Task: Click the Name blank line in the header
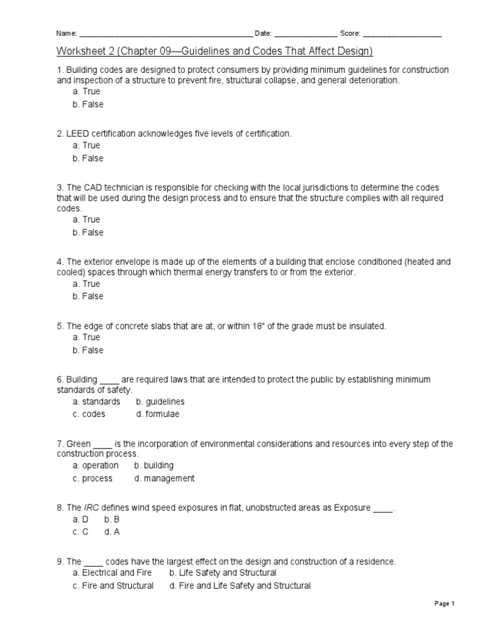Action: (165, 35)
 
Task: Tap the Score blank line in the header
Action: (402, 35)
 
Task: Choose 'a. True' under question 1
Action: (86, 92)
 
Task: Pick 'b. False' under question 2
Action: (88, 158)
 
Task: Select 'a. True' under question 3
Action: (86, 219)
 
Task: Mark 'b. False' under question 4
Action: (88, 296)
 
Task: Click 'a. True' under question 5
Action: (86, 338)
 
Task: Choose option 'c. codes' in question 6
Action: (89, 414)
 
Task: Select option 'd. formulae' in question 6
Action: (158, 414)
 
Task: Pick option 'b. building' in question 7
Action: (153, 465)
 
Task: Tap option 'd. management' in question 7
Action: (164, 479)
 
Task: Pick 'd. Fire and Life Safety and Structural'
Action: (240, 586)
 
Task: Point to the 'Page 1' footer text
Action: (444, 604)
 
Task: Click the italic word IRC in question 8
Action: (92, 508)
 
